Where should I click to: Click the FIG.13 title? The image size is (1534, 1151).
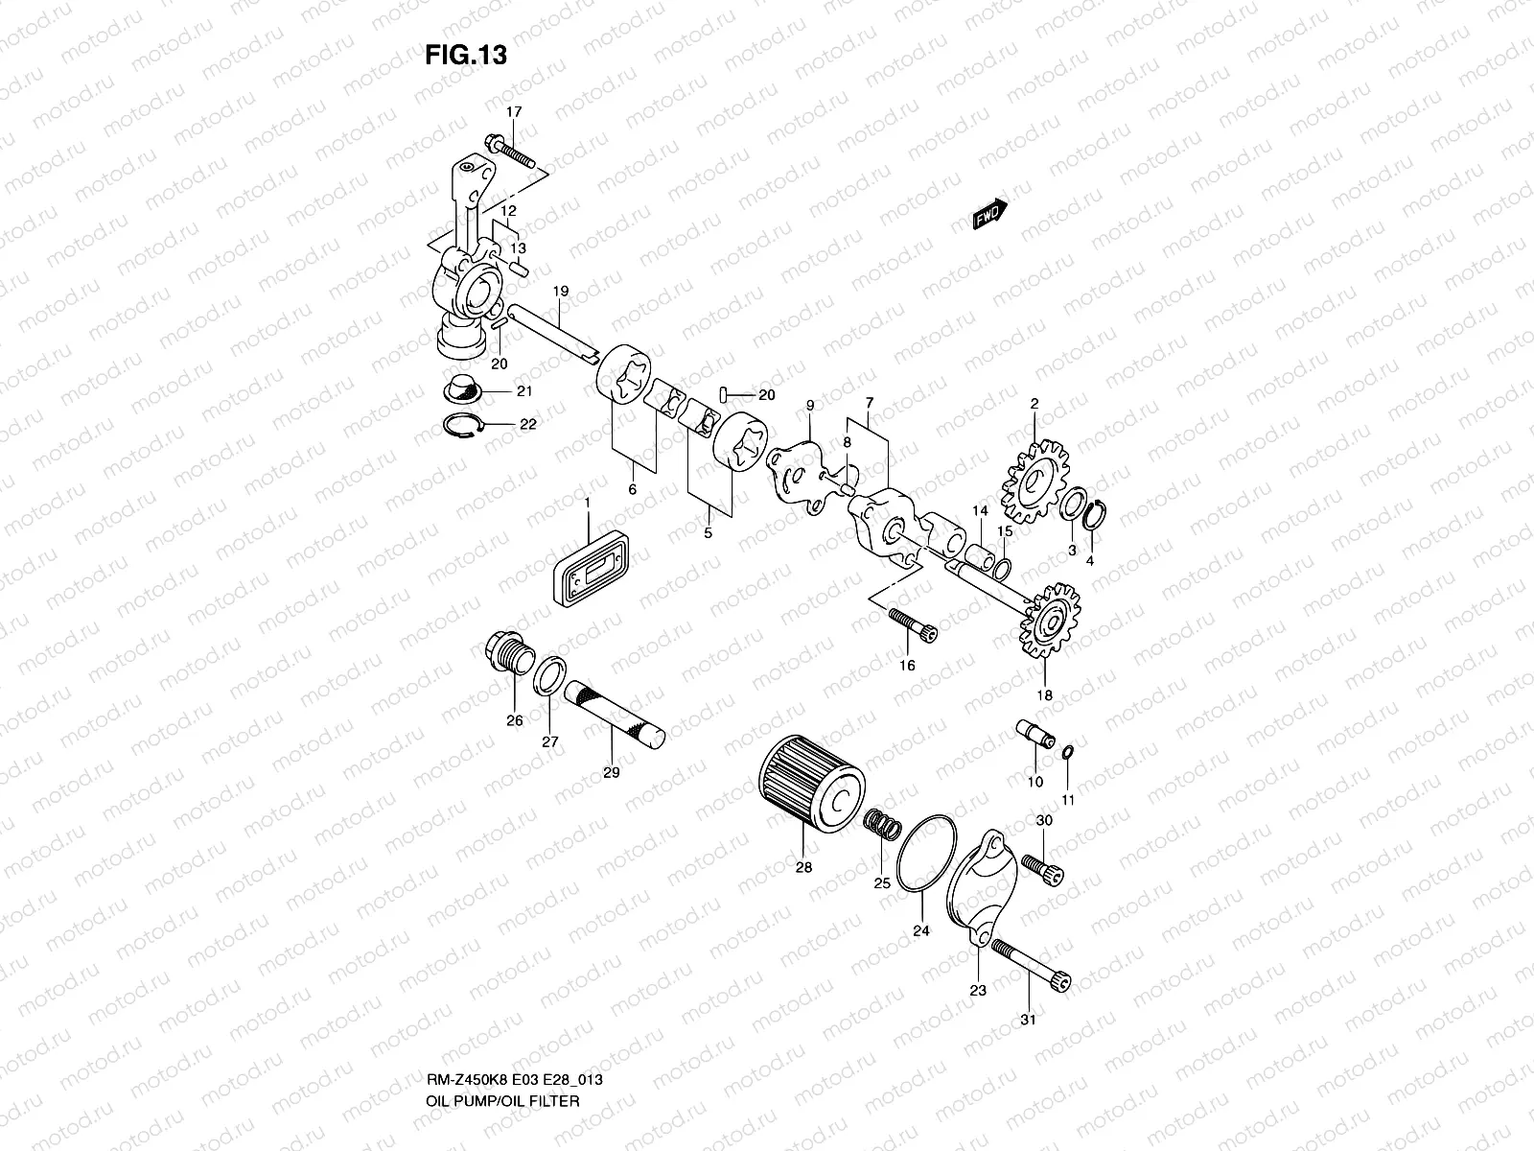pyautogui.click(x=466, y=56)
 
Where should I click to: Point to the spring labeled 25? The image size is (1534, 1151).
pyautogui.click(x=882, y=824)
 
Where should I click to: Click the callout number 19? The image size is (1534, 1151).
pyautogui.click(x=560, y=290)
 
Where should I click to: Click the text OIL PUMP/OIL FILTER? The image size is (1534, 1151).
pyautogui.click(x=502, y=1046)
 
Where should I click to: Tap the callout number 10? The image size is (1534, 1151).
pyautogui.click(x=1034, y=782)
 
